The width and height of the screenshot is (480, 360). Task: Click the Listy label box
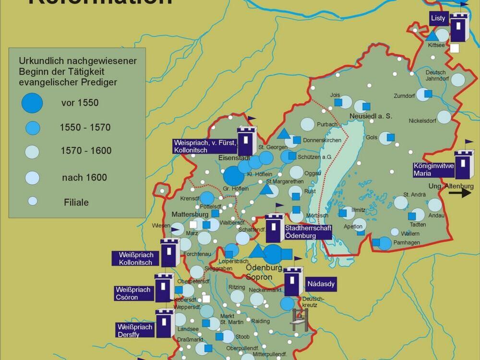[x=439, y=19]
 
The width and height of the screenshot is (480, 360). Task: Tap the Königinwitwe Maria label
[x=433, y=170]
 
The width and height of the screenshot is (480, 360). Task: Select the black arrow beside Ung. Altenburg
[x=460, y=193]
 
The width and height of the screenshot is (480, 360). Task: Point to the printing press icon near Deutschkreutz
[x=299, y=319]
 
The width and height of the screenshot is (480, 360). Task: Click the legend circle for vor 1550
[x=32, y=103]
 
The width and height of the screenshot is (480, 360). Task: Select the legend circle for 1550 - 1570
[x=32, y=128]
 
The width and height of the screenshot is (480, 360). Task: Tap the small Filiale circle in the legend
[x=32, y=201]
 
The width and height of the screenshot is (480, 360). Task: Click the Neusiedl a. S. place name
[x=371, y=116]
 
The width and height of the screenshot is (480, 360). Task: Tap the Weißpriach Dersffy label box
[x=135, y=330]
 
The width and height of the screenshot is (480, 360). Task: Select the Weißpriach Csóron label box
[x=133, y=293]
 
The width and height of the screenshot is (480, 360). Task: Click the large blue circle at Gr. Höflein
[x=234, y=175]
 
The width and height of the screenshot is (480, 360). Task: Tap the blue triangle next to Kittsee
[x=432, y=36]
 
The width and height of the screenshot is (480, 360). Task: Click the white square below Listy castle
[x=455, y=48]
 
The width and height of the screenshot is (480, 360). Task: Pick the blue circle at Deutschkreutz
[x=287, y=303]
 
